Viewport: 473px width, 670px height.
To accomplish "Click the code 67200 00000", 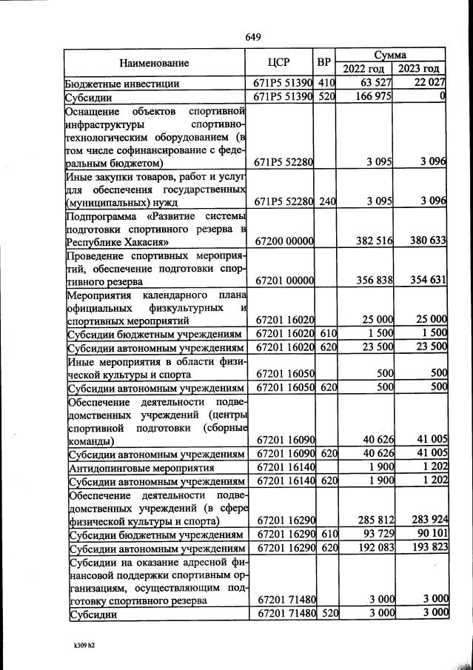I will point(285,241).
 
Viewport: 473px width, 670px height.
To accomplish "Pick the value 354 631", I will point(426,281).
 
